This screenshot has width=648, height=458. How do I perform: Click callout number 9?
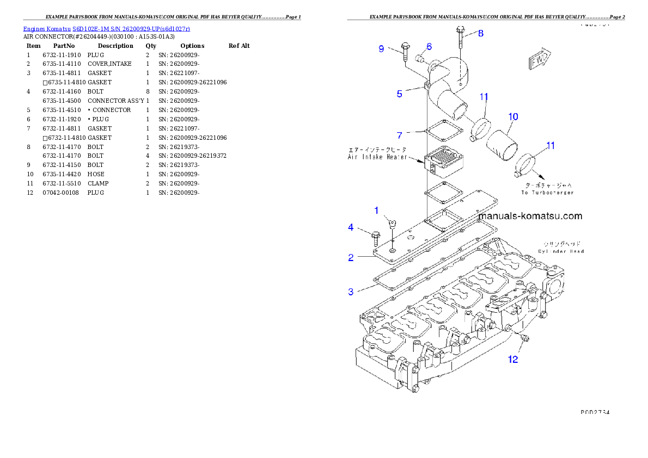[x=382, y=49]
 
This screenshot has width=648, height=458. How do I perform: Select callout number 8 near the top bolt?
[x=480, y=33]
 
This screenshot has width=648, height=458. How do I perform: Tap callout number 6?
[x=429, y=47]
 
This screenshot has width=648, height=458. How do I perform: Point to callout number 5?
[x=400, y=94]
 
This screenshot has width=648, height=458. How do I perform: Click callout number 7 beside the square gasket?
[x=400, y=134]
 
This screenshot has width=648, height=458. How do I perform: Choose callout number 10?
[x=513, y=116]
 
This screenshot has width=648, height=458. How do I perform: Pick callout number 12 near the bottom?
[x=513, y=359]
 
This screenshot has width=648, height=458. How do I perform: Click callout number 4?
[x=351, y=227]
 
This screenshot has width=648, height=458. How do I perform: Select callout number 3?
[x=351, y=292]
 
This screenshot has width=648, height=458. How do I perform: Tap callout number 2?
[x=351, y=258]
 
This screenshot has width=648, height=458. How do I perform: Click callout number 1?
[x=376, y=210]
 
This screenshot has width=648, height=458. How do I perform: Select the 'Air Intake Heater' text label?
[x=377, y=157]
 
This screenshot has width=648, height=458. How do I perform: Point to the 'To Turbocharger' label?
[x=547, y=193]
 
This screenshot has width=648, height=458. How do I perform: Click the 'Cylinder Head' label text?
[x=560, y=251]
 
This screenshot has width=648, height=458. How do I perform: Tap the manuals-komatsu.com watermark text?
[x=530, y=216]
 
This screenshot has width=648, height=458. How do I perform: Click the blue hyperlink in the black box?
[x=106, y=28]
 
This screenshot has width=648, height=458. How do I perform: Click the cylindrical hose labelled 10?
[x=503, y=145]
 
